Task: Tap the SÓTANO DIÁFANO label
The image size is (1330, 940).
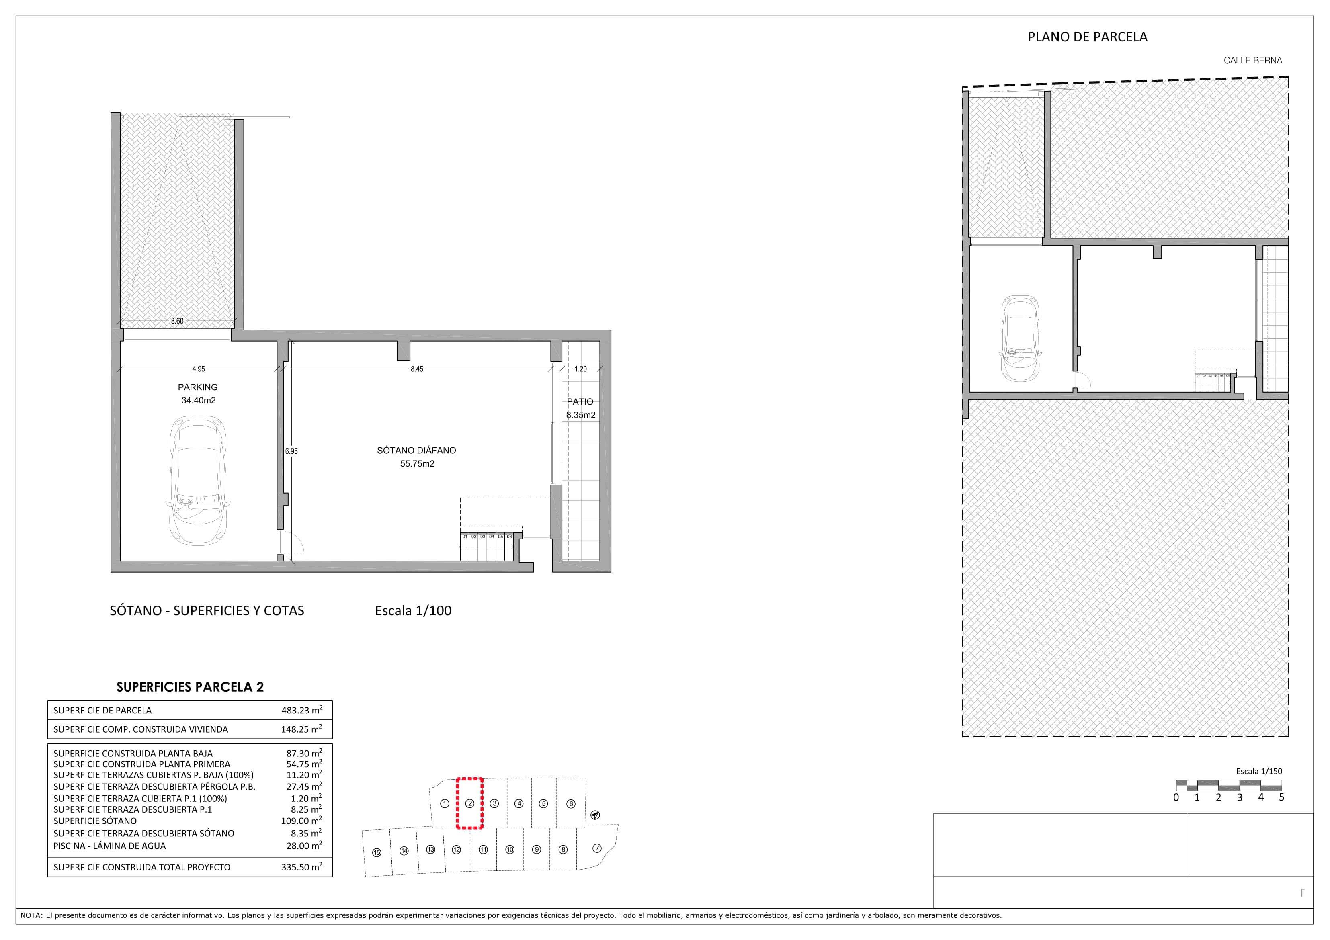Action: (x=416, y=450)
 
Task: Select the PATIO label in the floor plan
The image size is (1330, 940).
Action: (x=580, y=401)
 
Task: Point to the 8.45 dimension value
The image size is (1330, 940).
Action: (x=416, y=369)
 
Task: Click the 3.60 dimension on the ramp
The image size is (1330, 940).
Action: (x=177, y=321)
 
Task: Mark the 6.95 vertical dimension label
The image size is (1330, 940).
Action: (x=291, y=451)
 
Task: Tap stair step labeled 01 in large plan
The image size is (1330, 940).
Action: (x=465, y=537)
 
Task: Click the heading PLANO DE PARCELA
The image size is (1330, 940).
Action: (x=1087, y=37)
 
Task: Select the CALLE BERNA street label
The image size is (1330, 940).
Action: (x=1252, y=60)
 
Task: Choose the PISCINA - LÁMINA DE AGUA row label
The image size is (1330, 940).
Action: (x=109, y=846)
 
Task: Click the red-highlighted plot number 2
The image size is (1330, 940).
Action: (x=470, y=803)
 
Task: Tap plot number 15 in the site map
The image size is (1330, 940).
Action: (x=377, y=852)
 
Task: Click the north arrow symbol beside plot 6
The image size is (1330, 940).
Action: (x=595, y=815)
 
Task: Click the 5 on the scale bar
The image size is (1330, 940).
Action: (x=1281, y=797)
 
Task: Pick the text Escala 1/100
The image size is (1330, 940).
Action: (x=413, y=610)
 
